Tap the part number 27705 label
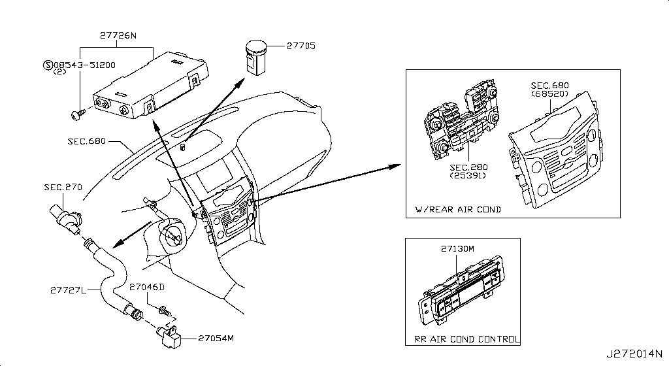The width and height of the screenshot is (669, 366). pos(301,46)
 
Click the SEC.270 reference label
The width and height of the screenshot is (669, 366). pos(63,187)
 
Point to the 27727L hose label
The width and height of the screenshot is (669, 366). pos(68,288)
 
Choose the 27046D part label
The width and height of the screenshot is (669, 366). pos(147,287)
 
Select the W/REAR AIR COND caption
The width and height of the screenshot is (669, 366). pos(459,210)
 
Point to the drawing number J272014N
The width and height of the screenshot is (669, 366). pos(638,354)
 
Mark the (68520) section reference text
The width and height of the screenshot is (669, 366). pos(549,94)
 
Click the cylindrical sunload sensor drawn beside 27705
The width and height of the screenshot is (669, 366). pos(254,56)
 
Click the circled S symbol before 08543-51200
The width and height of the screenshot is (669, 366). pos(47,65)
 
